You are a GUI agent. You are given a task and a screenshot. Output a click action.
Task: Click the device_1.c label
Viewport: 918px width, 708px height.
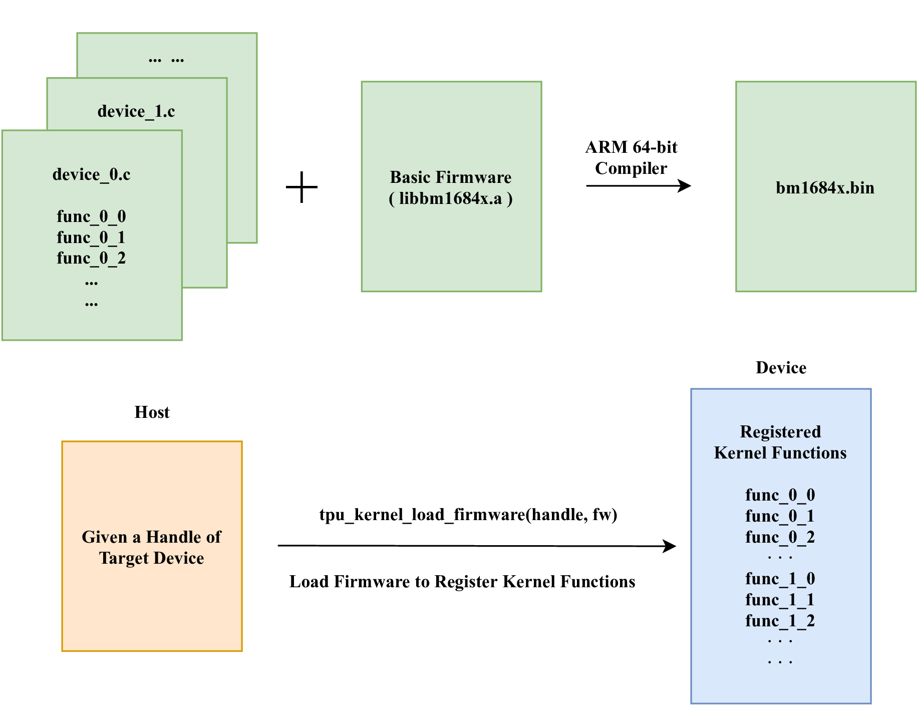[136, 111]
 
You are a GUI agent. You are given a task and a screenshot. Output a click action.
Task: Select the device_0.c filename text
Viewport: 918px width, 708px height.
[91, 174]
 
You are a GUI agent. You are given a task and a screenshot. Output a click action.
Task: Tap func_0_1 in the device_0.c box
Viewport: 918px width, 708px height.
[91, 237]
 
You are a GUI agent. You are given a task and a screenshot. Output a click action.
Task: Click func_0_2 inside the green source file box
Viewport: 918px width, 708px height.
[91, 258]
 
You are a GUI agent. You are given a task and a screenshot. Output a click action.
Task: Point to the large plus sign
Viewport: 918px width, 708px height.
[301, 187]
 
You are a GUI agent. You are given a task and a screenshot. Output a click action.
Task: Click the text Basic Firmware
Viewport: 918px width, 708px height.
[451, 177]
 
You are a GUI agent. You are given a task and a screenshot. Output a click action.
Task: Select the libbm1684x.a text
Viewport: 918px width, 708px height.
[451, 198]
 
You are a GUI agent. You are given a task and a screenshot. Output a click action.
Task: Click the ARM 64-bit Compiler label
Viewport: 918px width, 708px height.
[631, 157]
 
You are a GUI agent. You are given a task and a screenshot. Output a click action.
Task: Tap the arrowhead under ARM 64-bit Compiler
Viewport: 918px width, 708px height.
[685, 186]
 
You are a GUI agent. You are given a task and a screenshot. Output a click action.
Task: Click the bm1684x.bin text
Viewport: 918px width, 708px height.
[825, 187]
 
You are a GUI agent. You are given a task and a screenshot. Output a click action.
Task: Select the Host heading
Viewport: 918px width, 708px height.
[152, 412]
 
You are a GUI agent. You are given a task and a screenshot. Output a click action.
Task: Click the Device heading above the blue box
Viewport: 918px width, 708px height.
[781, 367]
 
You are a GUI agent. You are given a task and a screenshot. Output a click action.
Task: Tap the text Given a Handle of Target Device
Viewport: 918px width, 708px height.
[151, 547]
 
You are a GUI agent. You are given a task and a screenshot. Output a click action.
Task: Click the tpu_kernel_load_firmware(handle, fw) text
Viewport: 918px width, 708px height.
[468, 515]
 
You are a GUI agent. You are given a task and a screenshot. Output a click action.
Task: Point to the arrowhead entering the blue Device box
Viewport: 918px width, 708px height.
[670, 546]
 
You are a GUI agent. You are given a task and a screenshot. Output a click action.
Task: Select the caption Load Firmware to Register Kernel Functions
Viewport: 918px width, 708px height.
[462, 581]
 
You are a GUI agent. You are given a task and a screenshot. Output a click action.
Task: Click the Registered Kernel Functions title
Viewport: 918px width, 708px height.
[780, 442]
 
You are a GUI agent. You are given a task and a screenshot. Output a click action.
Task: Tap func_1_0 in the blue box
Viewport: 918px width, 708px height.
[780, 579]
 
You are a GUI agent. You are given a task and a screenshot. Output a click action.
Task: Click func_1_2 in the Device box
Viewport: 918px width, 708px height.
[780, 621]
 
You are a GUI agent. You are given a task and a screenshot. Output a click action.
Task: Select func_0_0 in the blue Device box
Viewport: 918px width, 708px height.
[780, 495]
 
